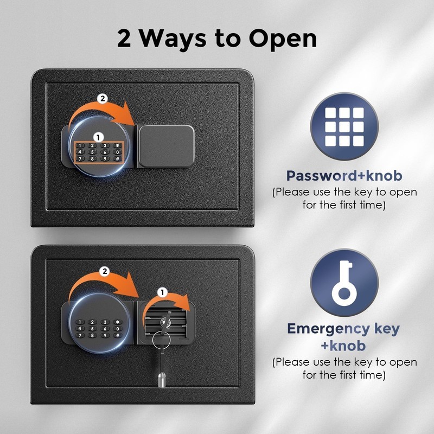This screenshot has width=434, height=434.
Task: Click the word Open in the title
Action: pyautogui.click(x=283, y=39)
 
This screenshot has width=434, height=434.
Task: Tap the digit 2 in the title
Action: pyautogui.click(x=124, y=38)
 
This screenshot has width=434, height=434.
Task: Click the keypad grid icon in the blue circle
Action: pyautogui.click(x=344, y=127)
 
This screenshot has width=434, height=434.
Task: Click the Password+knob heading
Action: pyautogui.click(x=344, y=176)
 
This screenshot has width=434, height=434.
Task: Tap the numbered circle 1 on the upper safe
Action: pyautogui.click(x=98, y=137)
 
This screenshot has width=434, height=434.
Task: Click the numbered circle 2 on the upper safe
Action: pyautogui.click(x=103, y=99)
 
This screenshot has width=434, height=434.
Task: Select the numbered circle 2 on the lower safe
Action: pyautogui.click(x=105, y=271)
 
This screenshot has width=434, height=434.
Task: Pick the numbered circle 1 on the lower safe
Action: pyautogui.click(x=162, y=292)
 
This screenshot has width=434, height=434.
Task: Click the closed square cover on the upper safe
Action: pyautogui.click(x=166, y=146)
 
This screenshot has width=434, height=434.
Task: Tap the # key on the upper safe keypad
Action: pyautogui.click(x=118, y=159)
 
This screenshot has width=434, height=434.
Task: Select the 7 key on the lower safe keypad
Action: pyautogui.click(x=80, y=335)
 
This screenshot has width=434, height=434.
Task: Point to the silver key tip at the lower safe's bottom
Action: pyautogui.click(x=162, y=380)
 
